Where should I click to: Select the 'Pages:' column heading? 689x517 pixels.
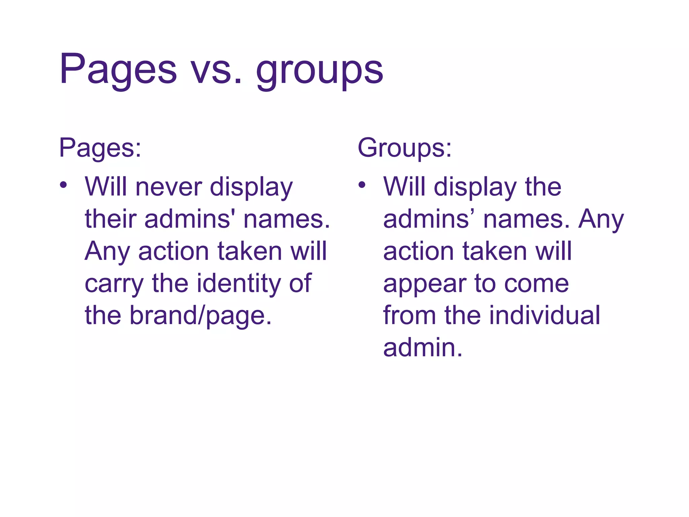coord(100,148)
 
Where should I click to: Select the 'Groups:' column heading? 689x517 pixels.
coord(404,148)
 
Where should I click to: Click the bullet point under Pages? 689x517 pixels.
coord(63,185)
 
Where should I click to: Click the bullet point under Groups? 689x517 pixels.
coord(362,185)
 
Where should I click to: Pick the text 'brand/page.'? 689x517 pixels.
coord(201,316)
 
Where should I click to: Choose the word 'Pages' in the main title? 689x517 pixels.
coord(118,70)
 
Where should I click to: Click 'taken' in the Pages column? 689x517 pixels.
coord(250,251)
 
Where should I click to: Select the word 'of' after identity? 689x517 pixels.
coord(300,283)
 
